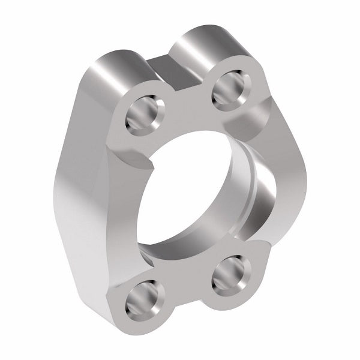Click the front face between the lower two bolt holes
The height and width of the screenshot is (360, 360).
[186, 279]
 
